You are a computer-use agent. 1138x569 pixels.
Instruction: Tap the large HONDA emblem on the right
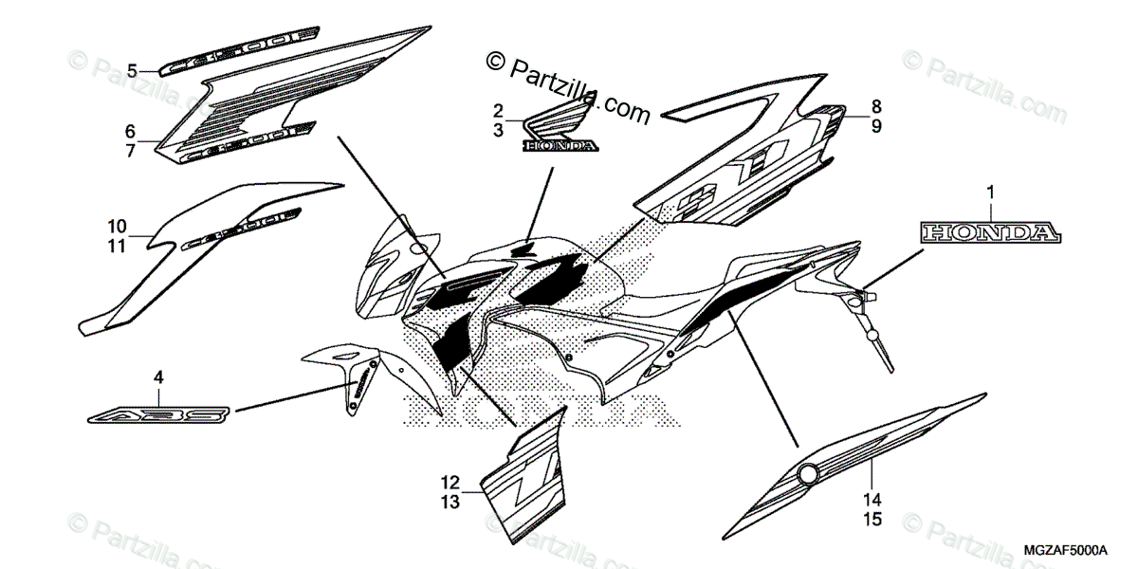(988, 232)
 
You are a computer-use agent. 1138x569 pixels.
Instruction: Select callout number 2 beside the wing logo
(498, 110)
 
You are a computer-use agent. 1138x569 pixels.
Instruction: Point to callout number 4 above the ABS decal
(158, 377)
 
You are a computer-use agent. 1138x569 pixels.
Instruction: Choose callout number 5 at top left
(133, 68)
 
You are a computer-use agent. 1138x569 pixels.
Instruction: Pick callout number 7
(131, 148)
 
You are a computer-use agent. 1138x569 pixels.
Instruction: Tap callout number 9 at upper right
(876, 125)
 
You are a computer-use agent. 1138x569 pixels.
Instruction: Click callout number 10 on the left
(117, 227)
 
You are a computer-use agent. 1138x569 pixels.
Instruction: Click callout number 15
(872, 519)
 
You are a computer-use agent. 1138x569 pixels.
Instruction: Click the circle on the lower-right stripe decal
(809, 475)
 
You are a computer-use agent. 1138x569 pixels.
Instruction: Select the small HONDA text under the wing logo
(560, 146)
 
